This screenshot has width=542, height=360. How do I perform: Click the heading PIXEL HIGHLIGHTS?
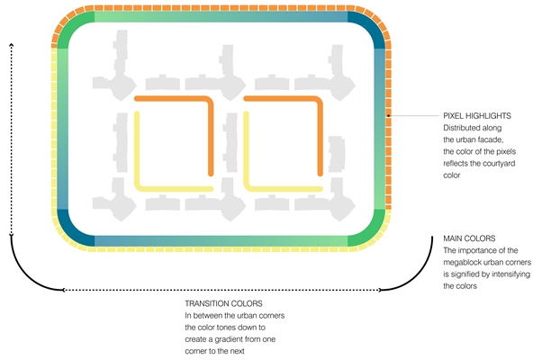477,116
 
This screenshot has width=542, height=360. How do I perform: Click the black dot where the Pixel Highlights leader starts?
387,116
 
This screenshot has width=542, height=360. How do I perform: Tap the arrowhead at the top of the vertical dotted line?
12,43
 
